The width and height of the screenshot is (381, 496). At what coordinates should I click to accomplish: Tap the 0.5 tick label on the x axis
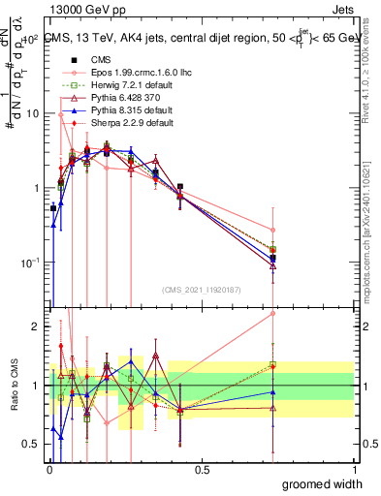coord(202,469)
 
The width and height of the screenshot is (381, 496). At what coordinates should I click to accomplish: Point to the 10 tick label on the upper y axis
coord(32,113)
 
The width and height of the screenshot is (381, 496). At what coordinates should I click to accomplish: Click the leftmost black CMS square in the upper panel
coord(53,208)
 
